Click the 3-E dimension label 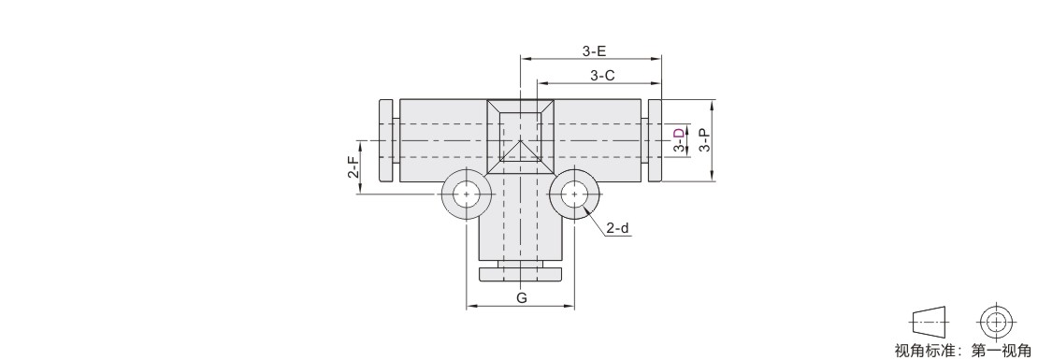click(x=594, y=50)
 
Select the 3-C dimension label click(x=602, y=76)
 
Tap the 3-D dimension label click(x=679, y=140)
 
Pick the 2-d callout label click(x=617, y=228)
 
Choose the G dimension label click(x=522, y=297)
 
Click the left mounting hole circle click(x=468, y=194)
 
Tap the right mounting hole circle click(x=574, y=194)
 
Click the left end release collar click(x=386, y=140)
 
